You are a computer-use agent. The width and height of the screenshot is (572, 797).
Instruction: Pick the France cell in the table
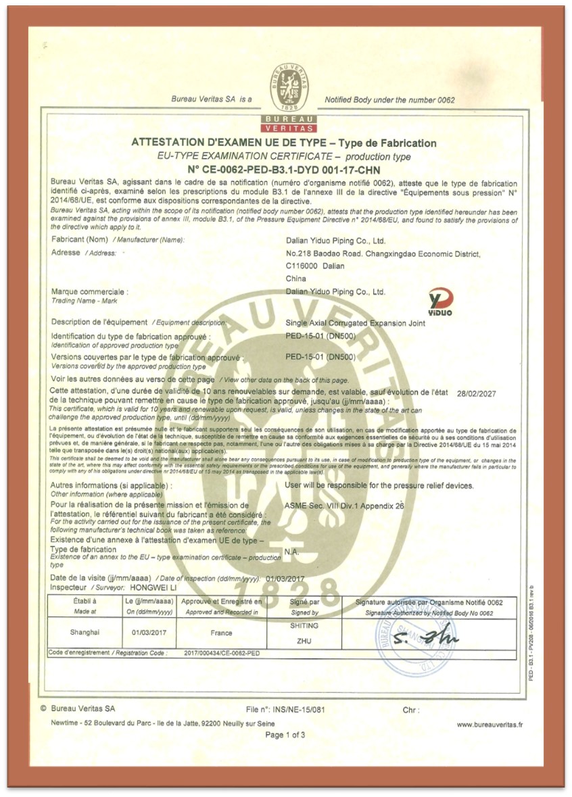[x=221, y=633]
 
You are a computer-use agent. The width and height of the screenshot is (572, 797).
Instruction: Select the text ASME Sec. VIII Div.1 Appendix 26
[x=345, y=505]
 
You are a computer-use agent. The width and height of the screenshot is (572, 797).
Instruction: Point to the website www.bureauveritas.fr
[x=490, y=724]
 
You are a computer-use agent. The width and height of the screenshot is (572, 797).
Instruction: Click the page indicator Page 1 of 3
[x=285, y=734]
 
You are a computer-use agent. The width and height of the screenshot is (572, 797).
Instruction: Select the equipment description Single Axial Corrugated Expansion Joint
[x=356, y=322]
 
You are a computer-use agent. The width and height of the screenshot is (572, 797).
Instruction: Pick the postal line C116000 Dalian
[x=315, y=266]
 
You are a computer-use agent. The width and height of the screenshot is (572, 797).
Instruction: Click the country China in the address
[x=296, y=278]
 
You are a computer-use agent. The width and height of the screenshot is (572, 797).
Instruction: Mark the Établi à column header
[x=85, y=600]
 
